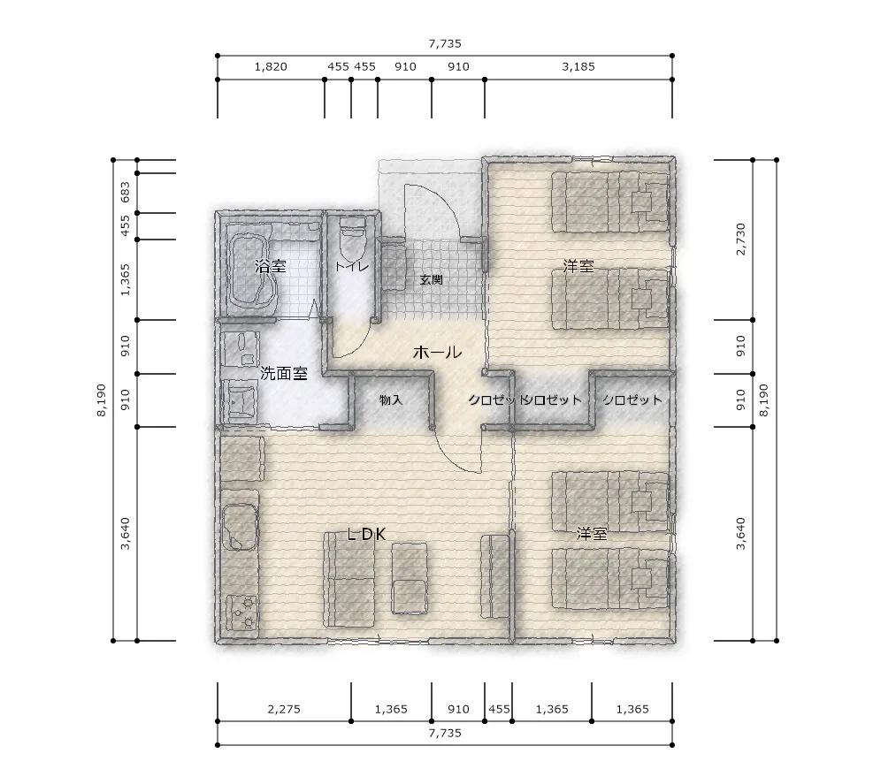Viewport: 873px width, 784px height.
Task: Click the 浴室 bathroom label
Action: (x=270, y=266)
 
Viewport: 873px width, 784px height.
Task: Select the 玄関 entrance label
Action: (x=431, y=279)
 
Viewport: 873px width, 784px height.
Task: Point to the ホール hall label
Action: (x=437, y=352)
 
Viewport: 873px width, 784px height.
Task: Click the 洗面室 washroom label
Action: (x=284, y=373)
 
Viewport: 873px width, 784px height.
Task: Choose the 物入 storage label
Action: (x=390, y=400)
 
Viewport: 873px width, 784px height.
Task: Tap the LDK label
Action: (x=366, y=534)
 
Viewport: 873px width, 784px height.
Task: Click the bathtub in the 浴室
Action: (x=253, y=270)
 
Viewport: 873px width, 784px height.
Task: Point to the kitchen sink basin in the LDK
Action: (x=240, y=527)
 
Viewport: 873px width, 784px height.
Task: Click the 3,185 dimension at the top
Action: (x=578, y=67)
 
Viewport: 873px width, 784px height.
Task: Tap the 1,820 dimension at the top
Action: (x=271, y=67)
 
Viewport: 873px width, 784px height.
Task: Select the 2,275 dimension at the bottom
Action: (x=284, y=709)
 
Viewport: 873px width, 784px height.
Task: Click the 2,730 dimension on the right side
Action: (x=740, y=240)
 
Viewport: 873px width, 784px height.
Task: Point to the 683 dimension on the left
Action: (x=126, y=193)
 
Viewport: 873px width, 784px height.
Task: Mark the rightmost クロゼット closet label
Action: (x=632, y=400)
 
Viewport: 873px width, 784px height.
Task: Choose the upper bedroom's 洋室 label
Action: (x=578, y=266)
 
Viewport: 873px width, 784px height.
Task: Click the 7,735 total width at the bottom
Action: (x=445, y=733)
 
